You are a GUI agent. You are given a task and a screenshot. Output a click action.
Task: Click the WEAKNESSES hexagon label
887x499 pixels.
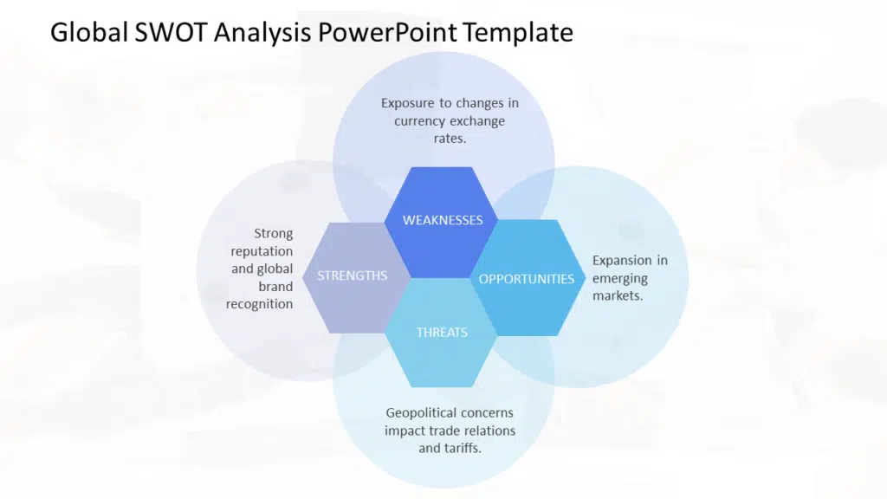(x=443, y=220)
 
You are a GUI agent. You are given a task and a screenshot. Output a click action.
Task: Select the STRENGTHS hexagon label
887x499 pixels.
(x=352, y=275)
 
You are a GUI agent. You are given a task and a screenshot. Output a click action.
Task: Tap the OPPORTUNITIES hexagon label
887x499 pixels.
(x=527, y=279)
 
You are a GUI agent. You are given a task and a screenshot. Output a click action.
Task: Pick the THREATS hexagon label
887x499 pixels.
(x=442, y=333)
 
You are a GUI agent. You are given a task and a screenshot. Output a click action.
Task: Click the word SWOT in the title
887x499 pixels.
(x=164, y=33)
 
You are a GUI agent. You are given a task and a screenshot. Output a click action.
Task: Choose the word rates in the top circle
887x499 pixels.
(x=449, y=139)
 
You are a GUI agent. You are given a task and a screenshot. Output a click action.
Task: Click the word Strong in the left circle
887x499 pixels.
(x=274, y=233)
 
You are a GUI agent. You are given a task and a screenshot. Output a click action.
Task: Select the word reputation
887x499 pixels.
(x=262, y=251)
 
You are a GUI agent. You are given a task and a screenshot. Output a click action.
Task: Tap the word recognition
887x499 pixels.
(x=260, y=304)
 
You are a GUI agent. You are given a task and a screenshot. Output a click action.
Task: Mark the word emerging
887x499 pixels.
(x=620, y=278)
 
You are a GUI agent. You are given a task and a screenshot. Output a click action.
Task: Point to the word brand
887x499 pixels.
(x=275, y=287)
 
